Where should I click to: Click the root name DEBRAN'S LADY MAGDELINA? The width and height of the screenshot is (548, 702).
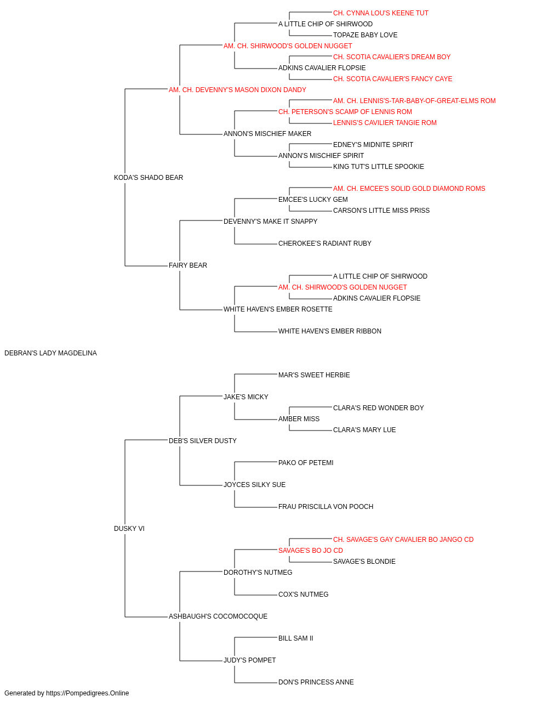pyautogui.click(x=50, y=353)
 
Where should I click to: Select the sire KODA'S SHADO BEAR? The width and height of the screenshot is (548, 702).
pyautogui.click(x=149, y=178)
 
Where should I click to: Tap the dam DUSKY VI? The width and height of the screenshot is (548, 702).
pyautogui.click(x=129, y=529)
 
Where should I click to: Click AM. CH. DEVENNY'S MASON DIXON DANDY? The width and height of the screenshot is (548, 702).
pyautogui.click(x=237, y=90)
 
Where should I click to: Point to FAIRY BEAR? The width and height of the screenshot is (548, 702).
pyautogui.click(x=188, y=265)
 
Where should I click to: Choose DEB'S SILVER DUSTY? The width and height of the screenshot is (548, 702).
pyautogui.click(x=203, y=440)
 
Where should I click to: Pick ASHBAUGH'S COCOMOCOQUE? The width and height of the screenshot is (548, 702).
pyautogui.click(x=218, y=616)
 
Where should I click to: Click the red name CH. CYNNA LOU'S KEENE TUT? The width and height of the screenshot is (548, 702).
pyautogui.click(x=380, y=13)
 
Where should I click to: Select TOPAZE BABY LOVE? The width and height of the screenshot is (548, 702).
pyautogui.click(x=365, y=35)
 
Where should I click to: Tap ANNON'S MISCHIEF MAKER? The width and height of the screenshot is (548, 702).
pyautogui.click(x=267, y=134)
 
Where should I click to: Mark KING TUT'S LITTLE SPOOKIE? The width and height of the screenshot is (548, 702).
pyautogui.click(x=378, y=167)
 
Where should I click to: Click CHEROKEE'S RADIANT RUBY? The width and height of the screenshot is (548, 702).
pyautogui.click(x=324, y=244)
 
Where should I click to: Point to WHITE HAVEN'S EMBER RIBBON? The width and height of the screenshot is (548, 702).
pyautogui.click(x=329, y=331)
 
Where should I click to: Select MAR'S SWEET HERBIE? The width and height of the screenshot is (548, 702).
pyautogui.click(x=314, y=375)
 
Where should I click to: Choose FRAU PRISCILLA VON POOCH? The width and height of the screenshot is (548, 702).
pyautogui.click(x=326, y=507)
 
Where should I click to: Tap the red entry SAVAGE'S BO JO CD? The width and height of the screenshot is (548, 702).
pyautogui.click(x=311, y=551)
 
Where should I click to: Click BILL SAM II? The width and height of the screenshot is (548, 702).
pyautogui.click(x=295, y=638)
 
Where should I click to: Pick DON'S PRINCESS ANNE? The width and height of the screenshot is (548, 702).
pyautogui.click(x=316, y=682)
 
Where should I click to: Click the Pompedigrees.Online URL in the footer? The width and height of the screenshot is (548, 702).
pyautogui.click(x=87, y=693)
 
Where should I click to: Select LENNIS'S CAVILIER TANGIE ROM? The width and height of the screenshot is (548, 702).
pyautogui.click(x=385, y=123)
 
